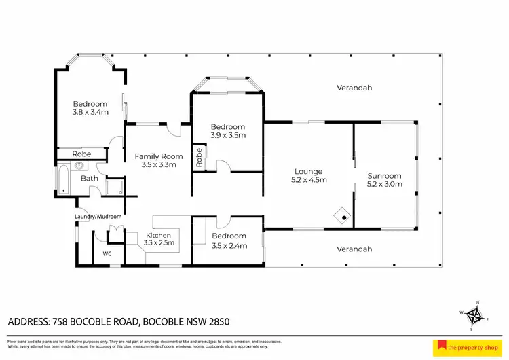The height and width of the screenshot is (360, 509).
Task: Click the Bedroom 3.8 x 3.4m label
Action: pos(91,108)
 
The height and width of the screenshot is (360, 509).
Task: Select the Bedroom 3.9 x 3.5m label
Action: pos(227,131)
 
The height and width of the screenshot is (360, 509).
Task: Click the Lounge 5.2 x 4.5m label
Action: pos(308,176)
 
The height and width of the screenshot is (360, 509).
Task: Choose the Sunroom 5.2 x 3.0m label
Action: pos(384,179)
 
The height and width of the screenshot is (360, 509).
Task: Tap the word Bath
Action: pos(90,179)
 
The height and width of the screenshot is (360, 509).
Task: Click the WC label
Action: pos(107,253)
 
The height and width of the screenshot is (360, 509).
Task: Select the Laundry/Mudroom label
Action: pos(98,217)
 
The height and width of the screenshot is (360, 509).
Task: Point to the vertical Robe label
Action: pos(199,158)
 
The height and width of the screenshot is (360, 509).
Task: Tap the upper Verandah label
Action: pos(354,88)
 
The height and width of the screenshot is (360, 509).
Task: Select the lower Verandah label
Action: pos(354,249)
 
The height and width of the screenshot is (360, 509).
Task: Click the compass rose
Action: pos(477,315)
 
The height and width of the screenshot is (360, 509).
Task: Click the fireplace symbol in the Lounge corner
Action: pos(343,216)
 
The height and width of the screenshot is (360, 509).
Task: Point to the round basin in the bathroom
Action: pos(79,165)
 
